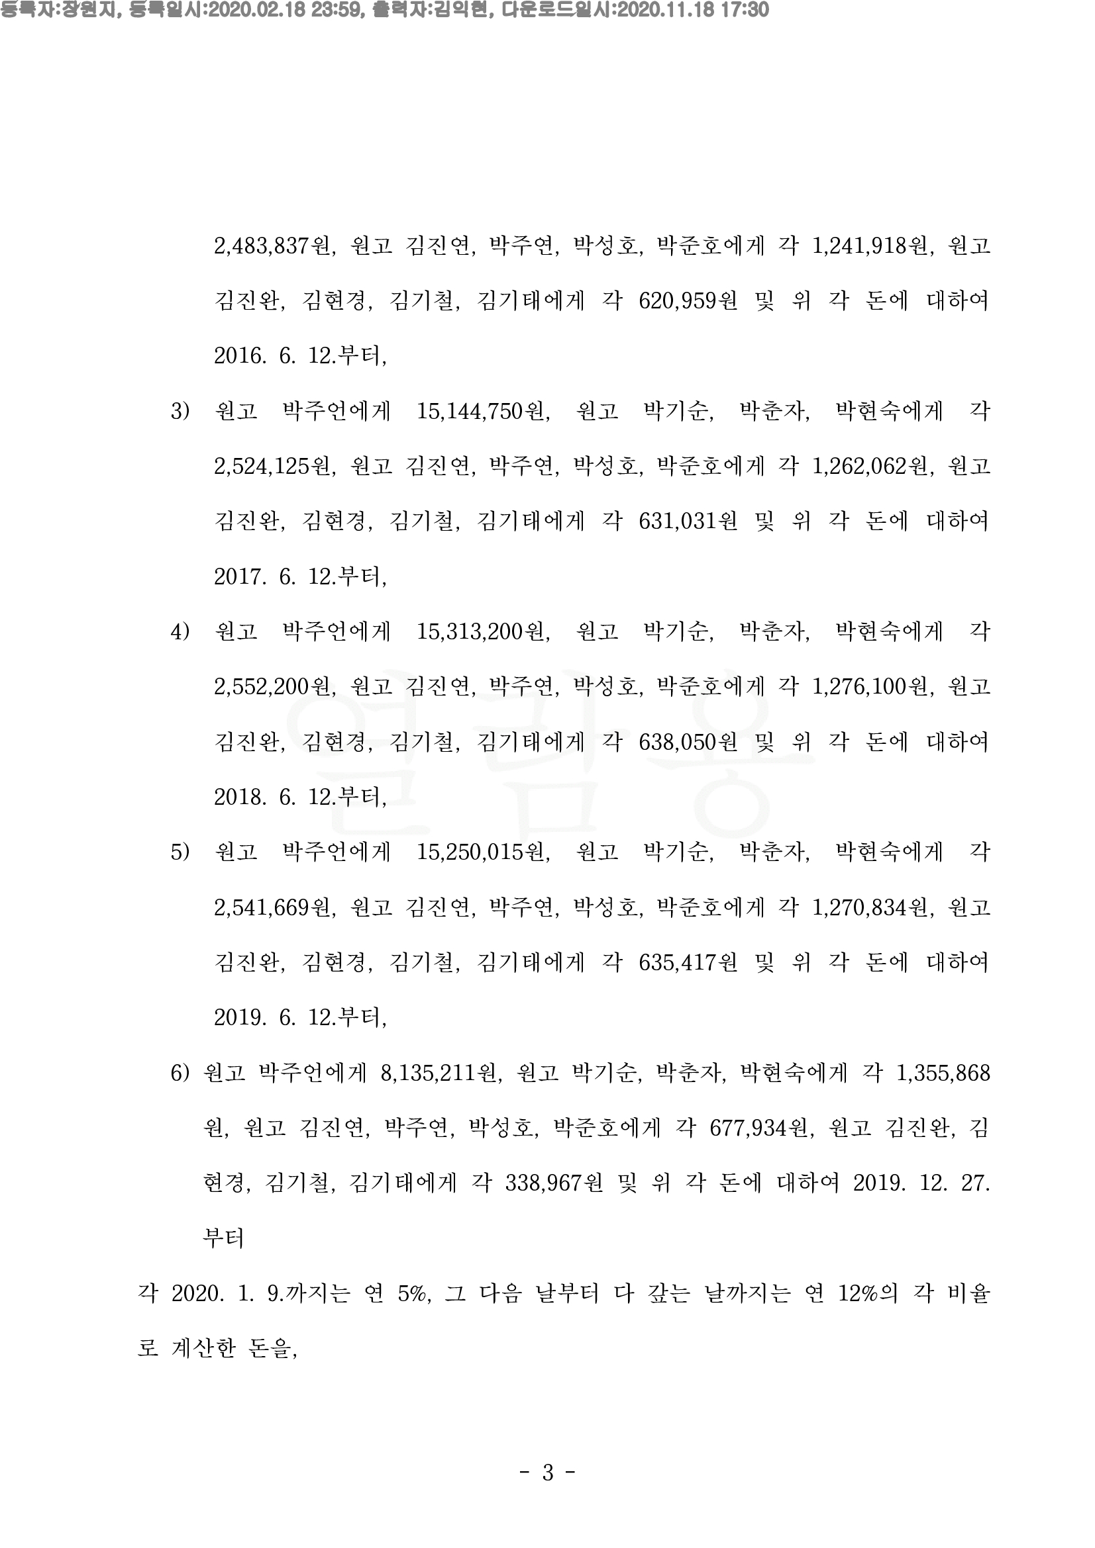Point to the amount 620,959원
688,300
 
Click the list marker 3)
180,410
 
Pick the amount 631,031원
688,521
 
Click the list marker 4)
180,632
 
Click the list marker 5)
180,852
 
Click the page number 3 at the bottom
548,1473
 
